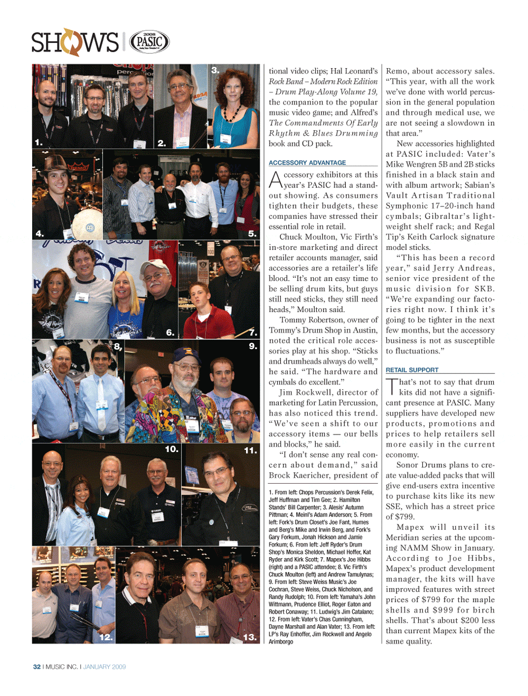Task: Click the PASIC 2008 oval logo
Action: click(149, 42)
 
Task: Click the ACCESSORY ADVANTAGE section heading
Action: click(307, 163)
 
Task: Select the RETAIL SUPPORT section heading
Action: click(412, 370)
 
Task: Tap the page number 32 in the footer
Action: click(37, 667)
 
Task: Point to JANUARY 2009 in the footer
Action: click(105, 667)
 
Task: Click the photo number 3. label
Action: click(215, 70)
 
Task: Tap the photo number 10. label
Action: click(172, 449)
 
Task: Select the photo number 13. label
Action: click(250, 637)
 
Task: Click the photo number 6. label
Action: click(170, 332)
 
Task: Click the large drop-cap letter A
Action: click(276, 180)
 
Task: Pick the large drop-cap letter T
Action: click(392, 386)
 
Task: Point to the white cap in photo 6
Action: click(154, 265)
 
